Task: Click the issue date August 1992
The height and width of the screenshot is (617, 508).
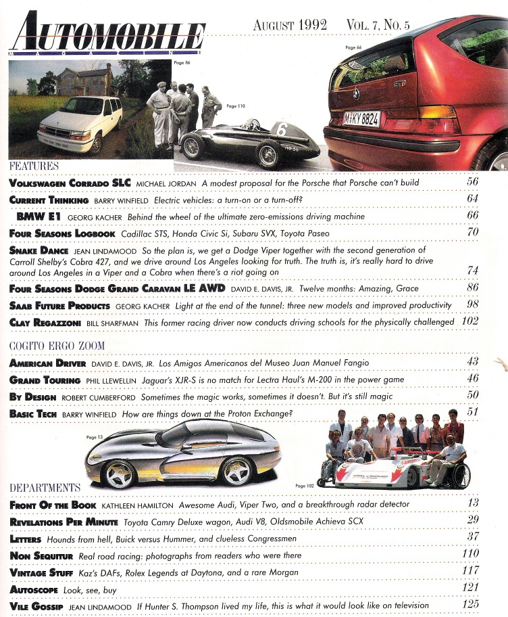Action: (290, 25)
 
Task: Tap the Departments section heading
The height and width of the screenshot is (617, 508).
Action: (45, 487)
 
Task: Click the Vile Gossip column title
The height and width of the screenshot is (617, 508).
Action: (34, 605)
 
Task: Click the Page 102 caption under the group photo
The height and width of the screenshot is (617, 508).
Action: (305, 486)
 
